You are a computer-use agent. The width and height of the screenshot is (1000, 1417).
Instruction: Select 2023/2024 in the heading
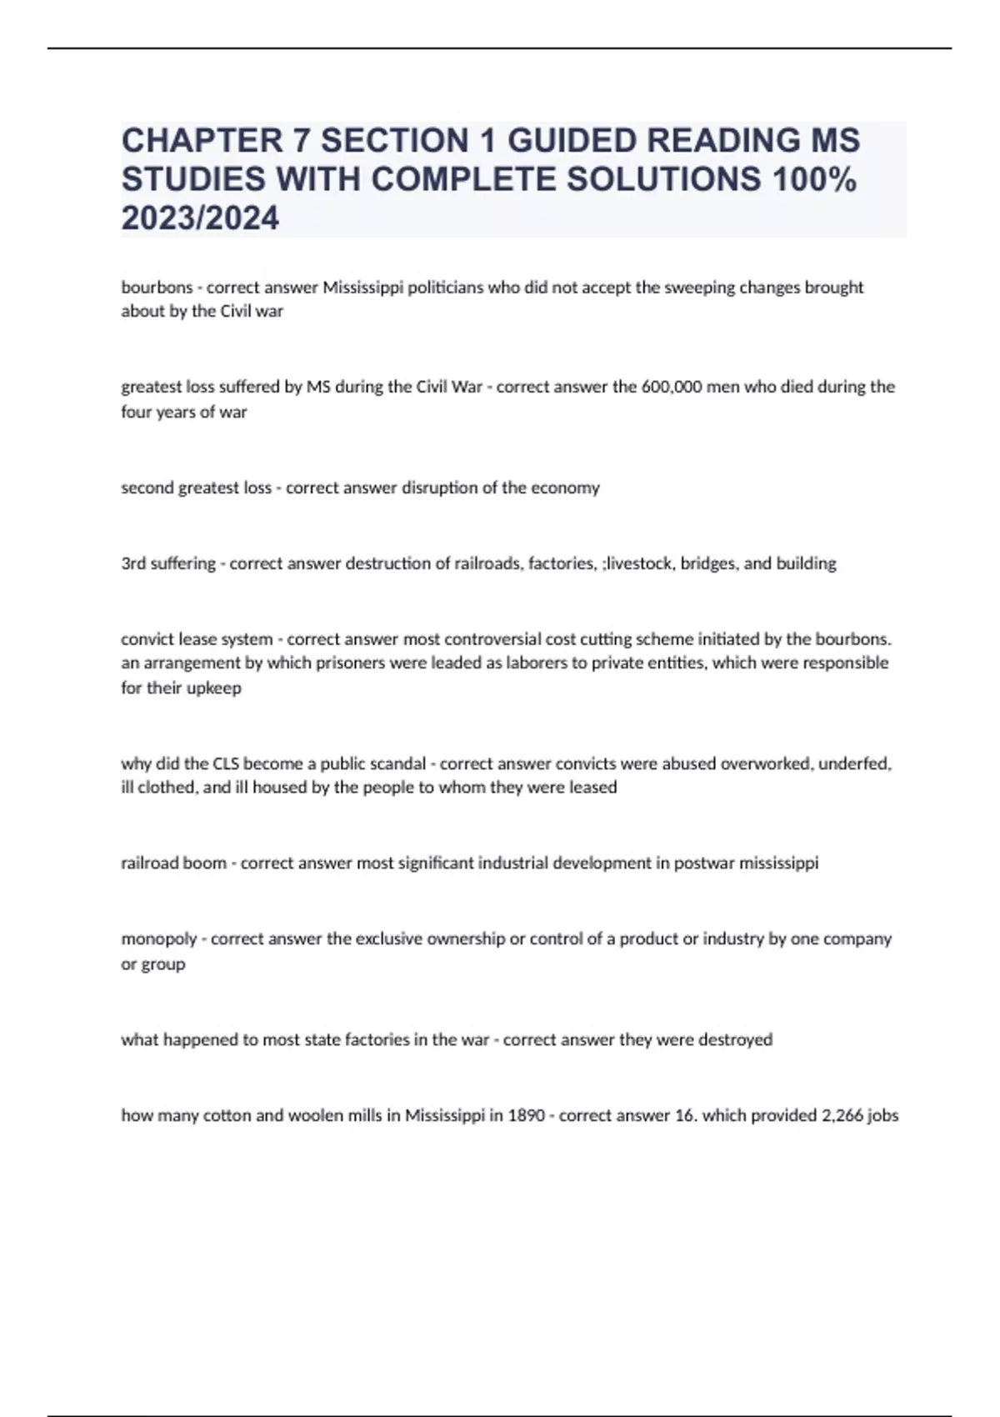pyautogui.click(x=200, y=218)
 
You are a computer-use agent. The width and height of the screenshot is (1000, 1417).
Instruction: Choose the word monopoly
pyautogui.click(x=158, y=939)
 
